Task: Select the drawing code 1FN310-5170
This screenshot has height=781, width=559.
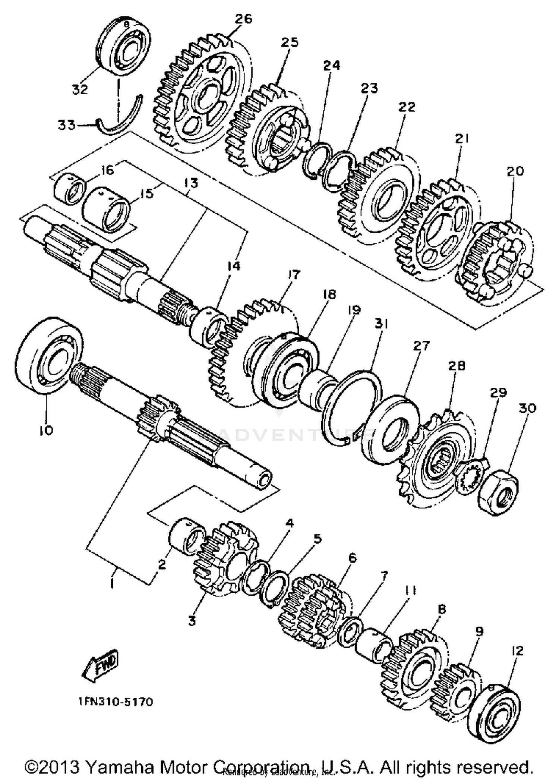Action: tap(116, 702)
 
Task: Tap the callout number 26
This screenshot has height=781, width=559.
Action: tap(243, 19)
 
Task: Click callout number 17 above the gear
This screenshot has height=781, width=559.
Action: tap(294, 275)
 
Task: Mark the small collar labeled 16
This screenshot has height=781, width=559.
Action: tap(69, 190)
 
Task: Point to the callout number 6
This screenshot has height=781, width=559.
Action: tap(352, 558)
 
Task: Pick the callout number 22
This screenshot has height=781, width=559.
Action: tap(407, 107)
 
